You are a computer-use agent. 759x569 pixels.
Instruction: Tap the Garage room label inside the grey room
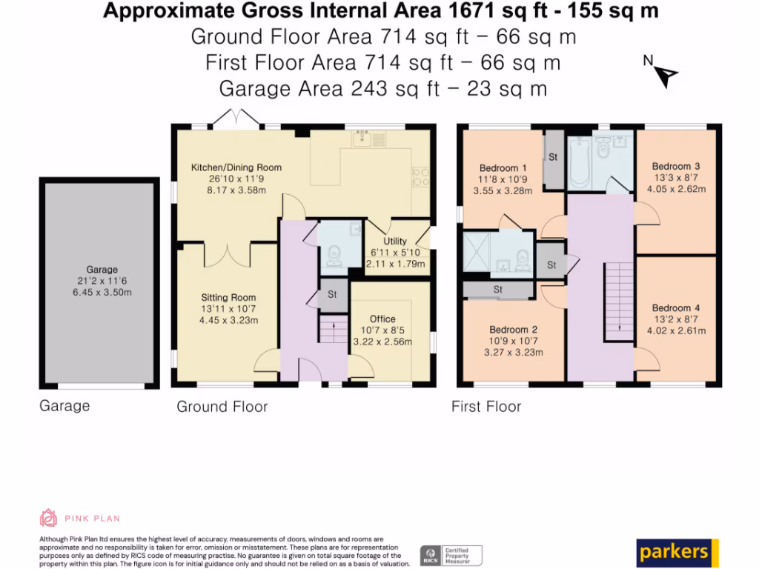(102, 270)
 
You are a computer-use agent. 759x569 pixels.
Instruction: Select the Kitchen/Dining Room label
(236, 167)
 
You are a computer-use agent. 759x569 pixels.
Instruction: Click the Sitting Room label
(228, 298)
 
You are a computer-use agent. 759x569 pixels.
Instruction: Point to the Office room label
(382, 319)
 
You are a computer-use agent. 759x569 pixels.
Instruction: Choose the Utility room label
(395, 241)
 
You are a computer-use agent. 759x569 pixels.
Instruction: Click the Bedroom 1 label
(503, 168)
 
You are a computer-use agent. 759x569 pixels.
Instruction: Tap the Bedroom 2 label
(513, 330)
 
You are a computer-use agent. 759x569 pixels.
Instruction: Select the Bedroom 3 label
(676, 166)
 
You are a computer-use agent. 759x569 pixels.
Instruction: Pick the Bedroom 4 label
(676, 307)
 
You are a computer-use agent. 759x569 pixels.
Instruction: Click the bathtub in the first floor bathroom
(580, 162)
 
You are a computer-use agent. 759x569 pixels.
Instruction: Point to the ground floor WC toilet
(334, 256)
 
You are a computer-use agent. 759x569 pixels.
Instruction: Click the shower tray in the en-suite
(477, 253)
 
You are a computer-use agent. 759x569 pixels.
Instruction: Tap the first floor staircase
(619, 302)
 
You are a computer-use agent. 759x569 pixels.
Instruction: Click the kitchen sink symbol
(369, 139)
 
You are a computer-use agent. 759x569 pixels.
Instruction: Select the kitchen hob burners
(420, 176)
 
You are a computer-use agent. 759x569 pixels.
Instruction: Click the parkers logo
(677, 553)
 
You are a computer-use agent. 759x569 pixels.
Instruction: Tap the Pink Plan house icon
(48, 518)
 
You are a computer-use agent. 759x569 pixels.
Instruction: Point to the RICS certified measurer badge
(451, 555)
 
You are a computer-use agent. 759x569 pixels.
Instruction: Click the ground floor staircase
(333, 329)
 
